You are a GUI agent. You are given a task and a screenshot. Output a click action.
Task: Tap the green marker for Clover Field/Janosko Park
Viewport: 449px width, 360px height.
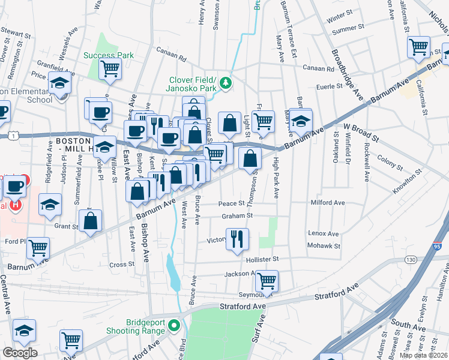click(226, 83)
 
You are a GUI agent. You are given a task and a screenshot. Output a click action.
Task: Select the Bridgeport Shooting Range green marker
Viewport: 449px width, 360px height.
click(174, 326)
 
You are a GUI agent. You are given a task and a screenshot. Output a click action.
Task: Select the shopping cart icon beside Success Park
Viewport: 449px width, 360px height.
click(110, 68)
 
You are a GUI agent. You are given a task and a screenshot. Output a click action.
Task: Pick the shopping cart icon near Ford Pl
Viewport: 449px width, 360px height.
click(38, 247)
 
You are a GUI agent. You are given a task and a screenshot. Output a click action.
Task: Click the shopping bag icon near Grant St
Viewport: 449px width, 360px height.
click(90, 220)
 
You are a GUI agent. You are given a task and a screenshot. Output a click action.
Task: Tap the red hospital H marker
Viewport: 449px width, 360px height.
click(16, 205)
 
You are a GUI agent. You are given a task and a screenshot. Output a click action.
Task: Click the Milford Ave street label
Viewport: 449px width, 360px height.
click(328, 203)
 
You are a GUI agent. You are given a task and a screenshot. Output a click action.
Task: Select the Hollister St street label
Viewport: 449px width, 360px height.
click(263, 259)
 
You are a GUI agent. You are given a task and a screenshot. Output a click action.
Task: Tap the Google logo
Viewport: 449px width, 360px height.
click(20, 353)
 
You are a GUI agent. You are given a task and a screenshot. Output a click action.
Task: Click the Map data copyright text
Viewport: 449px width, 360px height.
click(423, 355)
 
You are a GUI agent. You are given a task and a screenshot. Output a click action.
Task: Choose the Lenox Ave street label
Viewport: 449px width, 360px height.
click(324, 233)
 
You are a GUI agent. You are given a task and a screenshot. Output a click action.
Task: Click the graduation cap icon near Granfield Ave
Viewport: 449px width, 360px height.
click(60, 83)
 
